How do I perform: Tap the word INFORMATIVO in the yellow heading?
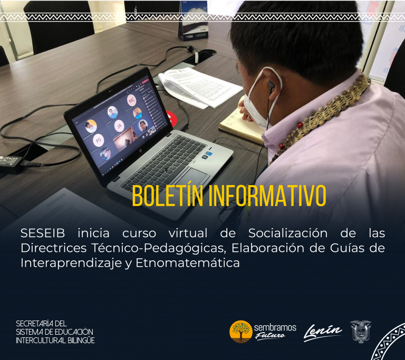267,196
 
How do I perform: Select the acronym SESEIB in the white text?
43,233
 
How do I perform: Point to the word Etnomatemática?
188,263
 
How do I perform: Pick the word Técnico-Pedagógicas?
159,248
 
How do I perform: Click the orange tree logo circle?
240,332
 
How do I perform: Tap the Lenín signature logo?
323,333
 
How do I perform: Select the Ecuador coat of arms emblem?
361,332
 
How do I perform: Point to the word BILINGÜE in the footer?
81,340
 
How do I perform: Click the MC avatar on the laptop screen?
132,101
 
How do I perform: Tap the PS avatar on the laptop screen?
99,140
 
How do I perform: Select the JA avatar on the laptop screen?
119,126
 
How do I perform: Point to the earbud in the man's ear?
271,84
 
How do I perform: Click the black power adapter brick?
11,164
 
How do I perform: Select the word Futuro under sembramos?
270,336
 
